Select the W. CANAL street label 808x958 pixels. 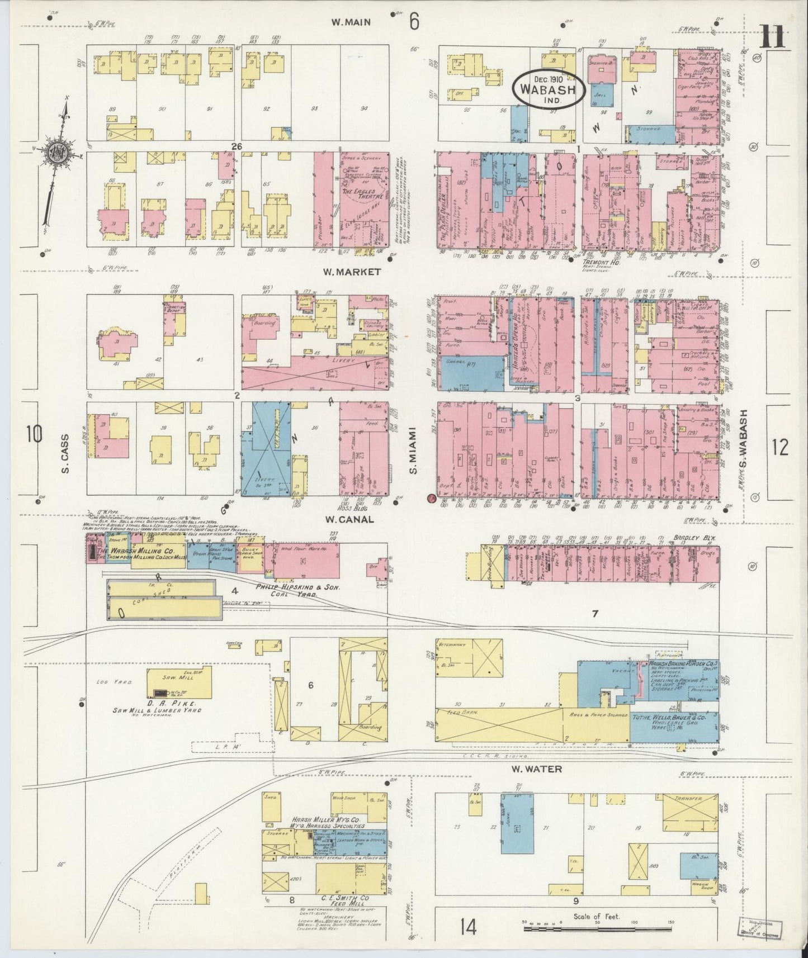348,519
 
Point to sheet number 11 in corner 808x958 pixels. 774,38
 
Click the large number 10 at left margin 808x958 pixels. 34,434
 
